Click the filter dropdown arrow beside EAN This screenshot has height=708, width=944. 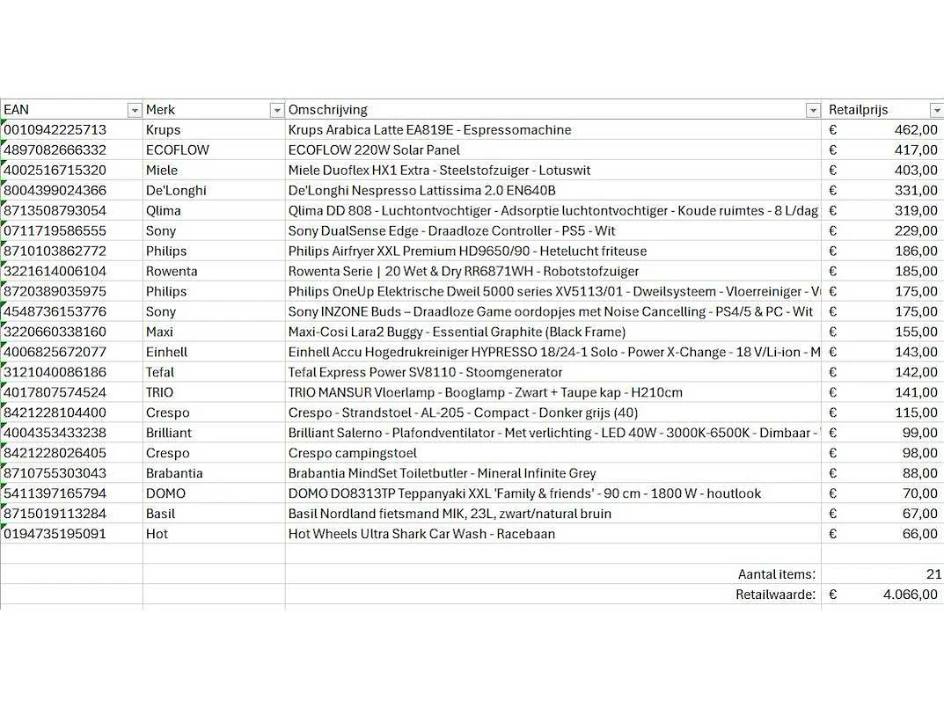pyautogui.click(x=135, y=110)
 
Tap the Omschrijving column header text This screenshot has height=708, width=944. pyautogui.click(x=328, y=110)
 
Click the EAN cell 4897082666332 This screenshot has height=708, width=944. pyautogui.click(x=55, y=150)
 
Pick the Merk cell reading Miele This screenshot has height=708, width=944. pyautogui.click(x=162, y=170)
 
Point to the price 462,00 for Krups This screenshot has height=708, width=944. pyautogui.click(x=916, y=129)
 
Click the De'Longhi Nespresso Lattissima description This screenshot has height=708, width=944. pyautogui.click(x=422, y=190)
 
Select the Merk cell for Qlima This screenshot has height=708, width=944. pyautogui.click(x=164, y=210)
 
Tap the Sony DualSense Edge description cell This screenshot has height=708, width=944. pyautogui.click(x=452, y=230)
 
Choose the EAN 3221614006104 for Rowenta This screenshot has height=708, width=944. pyautogui.click(x=55, y=271)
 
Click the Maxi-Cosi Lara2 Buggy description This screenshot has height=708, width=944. pyautogui.click(x=457, y=332)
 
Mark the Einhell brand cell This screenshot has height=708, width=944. pyautogui.click(x=166, y=352)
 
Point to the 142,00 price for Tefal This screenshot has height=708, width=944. pyautogui.click(x=916, y=372)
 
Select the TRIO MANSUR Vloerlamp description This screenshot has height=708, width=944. pyautogui.click(x=486, y=392)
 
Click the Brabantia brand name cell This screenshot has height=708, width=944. pyautogui.click(x=174, y=473)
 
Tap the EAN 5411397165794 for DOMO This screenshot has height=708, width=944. pyautogui.click(x=55, y=493)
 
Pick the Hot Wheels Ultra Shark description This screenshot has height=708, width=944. pyautogui.click(x=421, y=534)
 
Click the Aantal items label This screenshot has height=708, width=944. pyautogui.click(x=776, y=574)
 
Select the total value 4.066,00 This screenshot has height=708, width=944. pyautogui.click(x=911, y=595)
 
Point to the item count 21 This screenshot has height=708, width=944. pyautogui.click(x=933, y=574)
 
